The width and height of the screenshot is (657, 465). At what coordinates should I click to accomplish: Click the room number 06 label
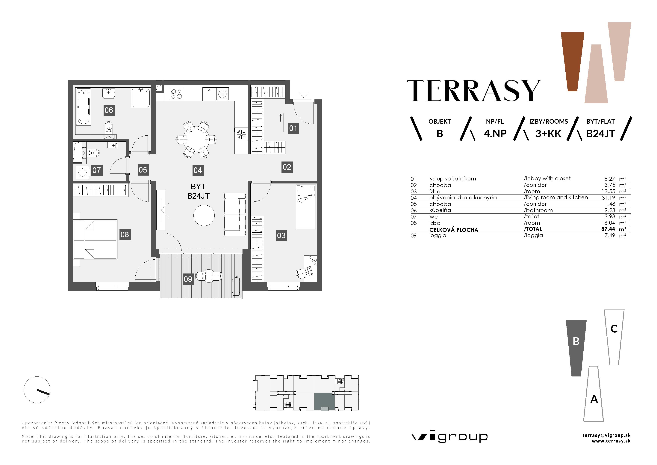tap(109, 110)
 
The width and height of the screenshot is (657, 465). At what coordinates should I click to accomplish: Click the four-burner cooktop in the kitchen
tap(177, 94)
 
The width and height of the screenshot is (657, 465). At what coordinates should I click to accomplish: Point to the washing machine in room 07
tap(82, 172)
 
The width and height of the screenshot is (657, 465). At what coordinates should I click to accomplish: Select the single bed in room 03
tap(306, 207)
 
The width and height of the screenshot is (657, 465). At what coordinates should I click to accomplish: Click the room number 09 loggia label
tap(188, 279)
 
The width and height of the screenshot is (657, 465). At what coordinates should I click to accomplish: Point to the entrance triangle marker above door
tap(304, 95)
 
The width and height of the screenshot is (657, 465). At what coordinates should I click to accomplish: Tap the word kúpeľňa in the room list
tap(440, 210)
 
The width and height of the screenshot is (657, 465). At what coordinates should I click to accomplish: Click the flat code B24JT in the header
tap(600, 134)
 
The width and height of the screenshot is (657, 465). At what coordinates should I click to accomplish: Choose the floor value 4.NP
tap(495, 134)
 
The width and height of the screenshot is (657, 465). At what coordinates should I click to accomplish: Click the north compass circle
tap(37, 390)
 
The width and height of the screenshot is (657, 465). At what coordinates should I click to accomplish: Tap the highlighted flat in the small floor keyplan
tap(324, 401)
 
